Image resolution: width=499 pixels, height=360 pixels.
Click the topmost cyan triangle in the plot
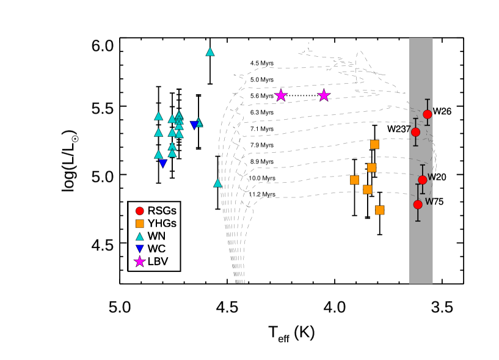[210, 52]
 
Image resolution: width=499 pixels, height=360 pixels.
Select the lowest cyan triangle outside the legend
[217, 183]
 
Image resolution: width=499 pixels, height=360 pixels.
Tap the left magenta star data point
[281, 95]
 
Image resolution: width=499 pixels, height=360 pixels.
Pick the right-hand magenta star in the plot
[324, 95]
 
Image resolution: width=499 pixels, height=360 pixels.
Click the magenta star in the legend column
[140, 262]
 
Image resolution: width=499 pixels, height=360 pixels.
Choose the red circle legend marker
[140, 211]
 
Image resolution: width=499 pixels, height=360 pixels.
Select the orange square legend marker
[140, 224]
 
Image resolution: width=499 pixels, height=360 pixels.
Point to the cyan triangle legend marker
[140, 237]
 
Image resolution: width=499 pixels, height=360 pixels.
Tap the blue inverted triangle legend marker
[140, 249]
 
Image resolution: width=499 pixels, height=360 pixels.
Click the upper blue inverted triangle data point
[194, 125]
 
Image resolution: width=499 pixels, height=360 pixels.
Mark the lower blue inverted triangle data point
[163, 164]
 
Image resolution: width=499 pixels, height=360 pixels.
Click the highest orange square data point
[374, 144]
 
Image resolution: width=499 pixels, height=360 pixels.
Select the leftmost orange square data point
[354, 180]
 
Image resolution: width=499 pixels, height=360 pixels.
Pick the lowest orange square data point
[379, 210]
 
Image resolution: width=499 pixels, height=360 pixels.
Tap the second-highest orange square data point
[371, 167]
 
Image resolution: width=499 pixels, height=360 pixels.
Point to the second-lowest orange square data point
[367, 189]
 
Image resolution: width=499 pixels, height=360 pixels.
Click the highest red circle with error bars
[428, 114]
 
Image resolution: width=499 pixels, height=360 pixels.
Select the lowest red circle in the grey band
[418, 205]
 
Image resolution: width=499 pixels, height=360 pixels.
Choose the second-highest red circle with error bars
[415, 132]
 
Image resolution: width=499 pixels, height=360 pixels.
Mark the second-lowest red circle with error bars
[422, 180]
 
